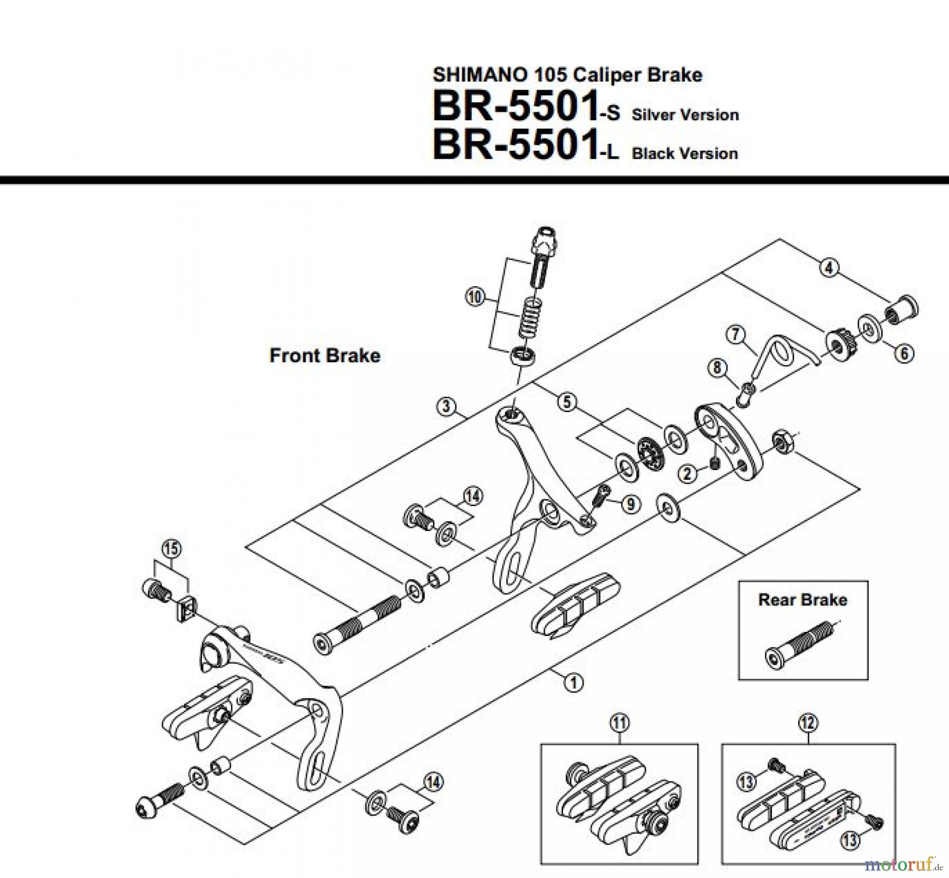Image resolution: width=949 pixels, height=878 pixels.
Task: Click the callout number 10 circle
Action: (475, 297)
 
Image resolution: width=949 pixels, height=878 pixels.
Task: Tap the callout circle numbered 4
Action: (829, 268)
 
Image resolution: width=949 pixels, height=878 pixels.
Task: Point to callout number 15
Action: (171, 549)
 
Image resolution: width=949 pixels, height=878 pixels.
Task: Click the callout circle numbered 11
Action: (619, 723)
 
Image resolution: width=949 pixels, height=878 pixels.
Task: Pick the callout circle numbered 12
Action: (808, 723)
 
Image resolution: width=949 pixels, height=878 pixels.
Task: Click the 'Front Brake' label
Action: (325, 355)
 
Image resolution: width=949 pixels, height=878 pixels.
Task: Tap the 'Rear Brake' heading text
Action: (802, 600)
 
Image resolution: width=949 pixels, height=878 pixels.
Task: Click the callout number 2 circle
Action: (687, 473)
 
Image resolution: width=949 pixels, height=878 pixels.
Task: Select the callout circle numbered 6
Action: (904, 353)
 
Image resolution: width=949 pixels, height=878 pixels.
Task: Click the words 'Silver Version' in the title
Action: (685, 115)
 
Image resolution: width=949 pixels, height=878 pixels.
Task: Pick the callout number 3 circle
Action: (446, 406)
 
